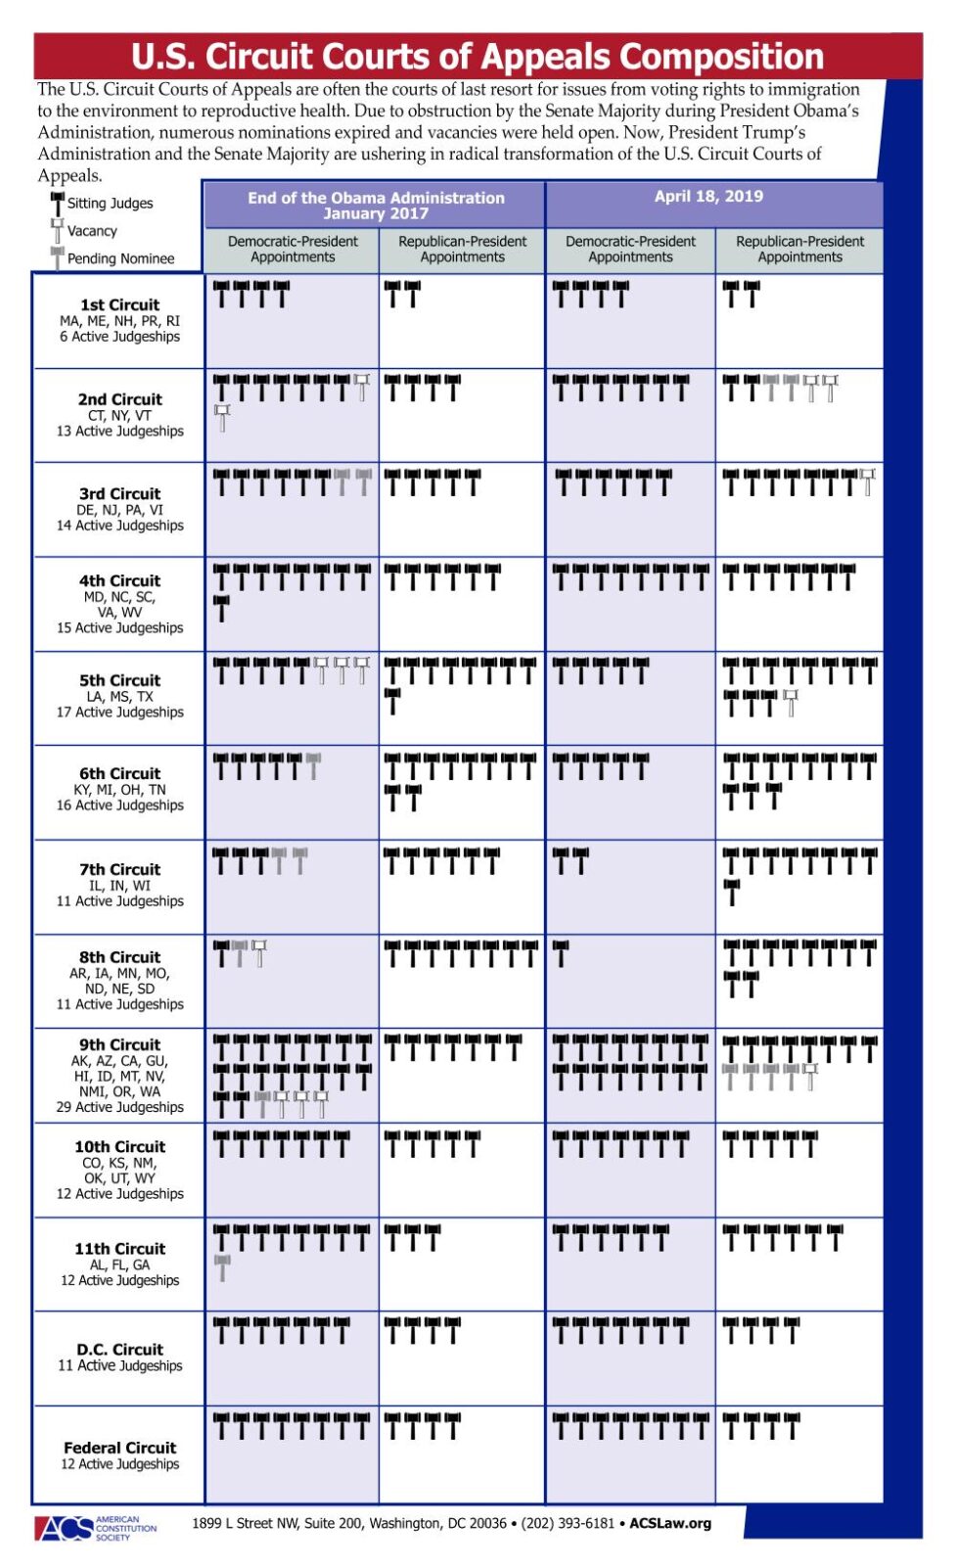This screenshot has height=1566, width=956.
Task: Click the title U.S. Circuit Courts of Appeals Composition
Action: tap(478, 57)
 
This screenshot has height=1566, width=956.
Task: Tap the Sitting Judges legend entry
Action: tap(110, 204)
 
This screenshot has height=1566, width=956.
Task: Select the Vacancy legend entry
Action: tap(92, 231)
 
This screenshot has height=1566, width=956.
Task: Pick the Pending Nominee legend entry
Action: tap(120, 258)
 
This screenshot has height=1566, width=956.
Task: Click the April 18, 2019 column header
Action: tap(708, 197)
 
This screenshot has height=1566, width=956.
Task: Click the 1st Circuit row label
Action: tap(119, 305)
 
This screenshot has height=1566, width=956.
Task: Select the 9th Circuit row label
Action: tap(119, 1045)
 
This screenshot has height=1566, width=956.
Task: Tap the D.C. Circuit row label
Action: tap(119, 1350)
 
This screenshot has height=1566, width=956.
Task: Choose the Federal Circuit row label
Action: tap(119, 1449)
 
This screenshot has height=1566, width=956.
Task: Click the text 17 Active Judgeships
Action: tap(119, 713)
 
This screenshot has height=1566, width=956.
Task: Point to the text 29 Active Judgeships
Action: tap(119, 1108)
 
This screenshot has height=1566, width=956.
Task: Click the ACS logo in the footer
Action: tap(65, 1528)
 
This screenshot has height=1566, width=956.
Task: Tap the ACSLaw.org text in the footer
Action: tap(670, 1524)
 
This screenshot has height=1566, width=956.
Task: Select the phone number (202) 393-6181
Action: tap(568, 1524)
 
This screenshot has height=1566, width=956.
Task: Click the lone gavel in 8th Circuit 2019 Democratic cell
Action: tap(561, 952)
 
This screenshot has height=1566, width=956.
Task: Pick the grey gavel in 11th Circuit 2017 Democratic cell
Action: tap(222, 1267)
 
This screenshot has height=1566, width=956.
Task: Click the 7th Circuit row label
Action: tap(119, 870)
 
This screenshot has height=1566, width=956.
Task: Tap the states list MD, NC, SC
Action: tap(119, 597)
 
